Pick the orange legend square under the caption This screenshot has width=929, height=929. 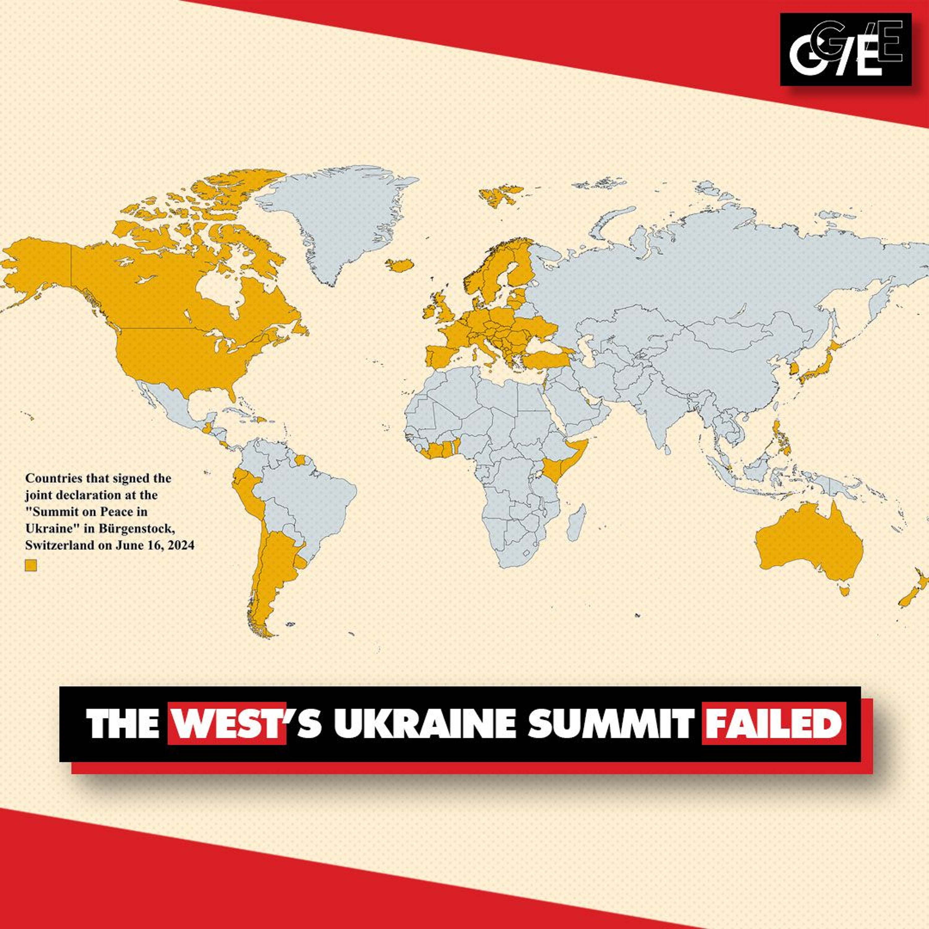31,565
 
